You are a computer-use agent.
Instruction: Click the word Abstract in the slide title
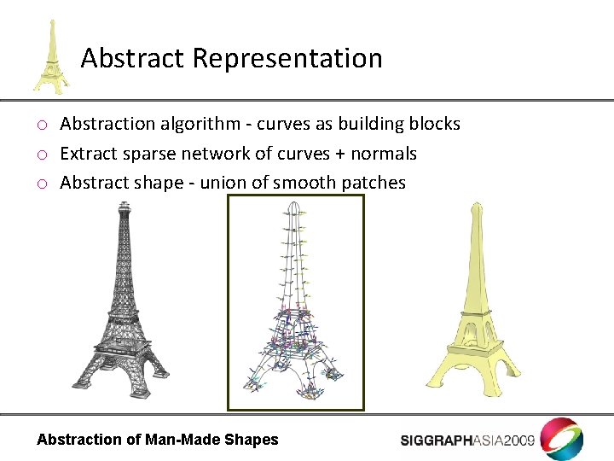tap(133, 58)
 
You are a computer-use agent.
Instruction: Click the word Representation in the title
tap(287, 59)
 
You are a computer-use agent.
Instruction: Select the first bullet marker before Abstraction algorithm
tap(41, 125)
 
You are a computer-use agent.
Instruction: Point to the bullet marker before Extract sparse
tap(41, 155)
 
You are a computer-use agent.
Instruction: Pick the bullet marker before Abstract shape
tap(41, 184)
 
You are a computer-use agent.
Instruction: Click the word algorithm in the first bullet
tap(205, 125)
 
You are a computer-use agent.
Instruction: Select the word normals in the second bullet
tap(387, 154)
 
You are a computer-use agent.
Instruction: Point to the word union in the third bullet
tap(222, 183)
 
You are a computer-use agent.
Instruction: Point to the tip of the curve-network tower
tap(293, 203)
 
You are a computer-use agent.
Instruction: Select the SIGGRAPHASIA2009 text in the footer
tap(467, 441)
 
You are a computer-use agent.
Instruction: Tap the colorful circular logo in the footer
tap(562, 438)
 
